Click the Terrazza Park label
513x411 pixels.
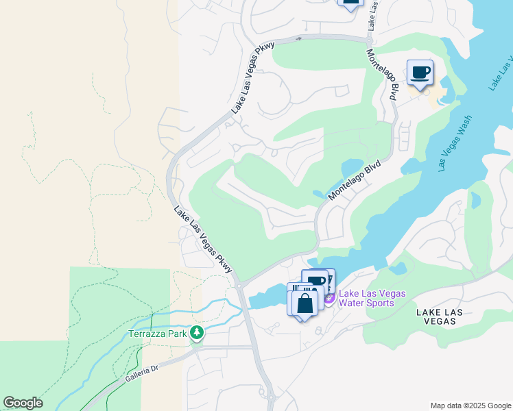[159, 334]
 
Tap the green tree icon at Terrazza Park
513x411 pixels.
[198, 333]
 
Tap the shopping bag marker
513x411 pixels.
[306, 303]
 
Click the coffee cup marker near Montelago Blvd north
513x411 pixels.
[420, 73]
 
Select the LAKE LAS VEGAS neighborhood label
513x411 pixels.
[439, 317]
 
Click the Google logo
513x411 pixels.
[23, 403]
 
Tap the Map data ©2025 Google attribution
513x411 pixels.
[470, 406]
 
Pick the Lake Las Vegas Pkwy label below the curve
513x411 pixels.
[202, 240]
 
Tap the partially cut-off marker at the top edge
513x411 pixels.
[350, 3]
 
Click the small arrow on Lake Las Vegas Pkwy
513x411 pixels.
[298, 38]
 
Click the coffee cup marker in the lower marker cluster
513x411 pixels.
[317, 281]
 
